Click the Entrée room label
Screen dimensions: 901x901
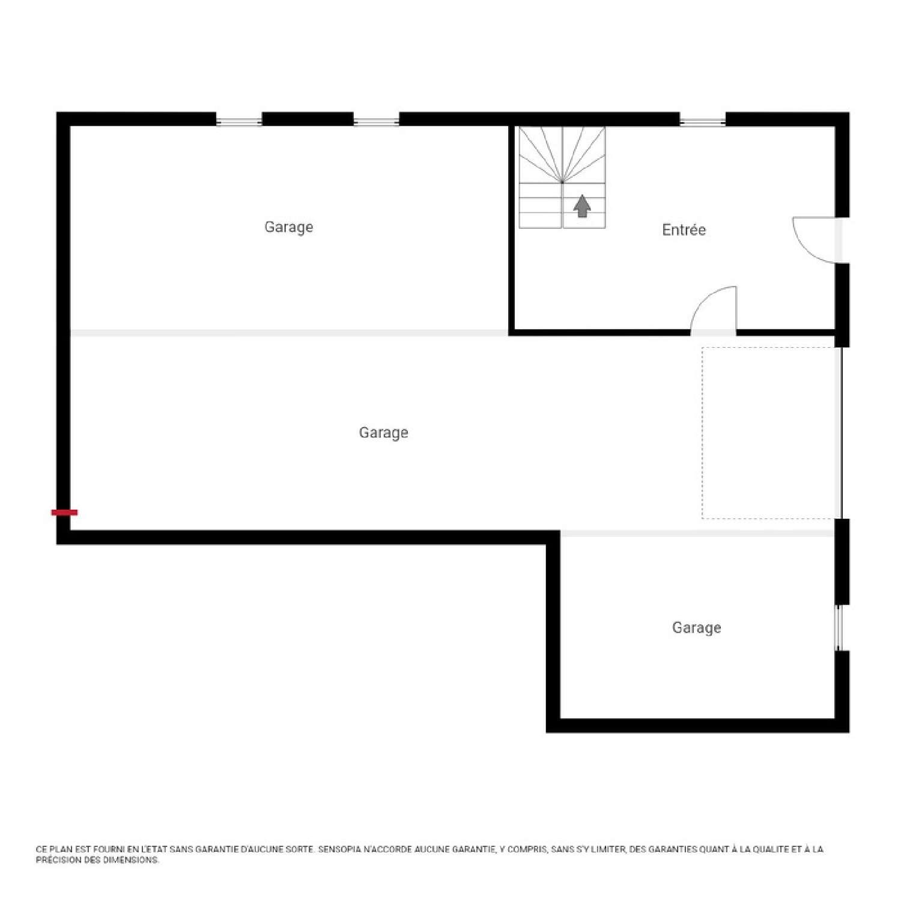(x=684, y=229)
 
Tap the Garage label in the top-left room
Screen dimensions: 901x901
(x=289, y=227)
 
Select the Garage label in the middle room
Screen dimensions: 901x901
(x=383, y=432)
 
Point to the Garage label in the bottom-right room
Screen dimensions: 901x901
(x=696, y=628)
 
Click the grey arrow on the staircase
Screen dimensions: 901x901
(x=582, y=205)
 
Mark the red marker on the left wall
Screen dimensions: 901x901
(x=64, y=512)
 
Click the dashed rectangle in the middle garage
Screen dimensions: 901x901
(x=769, y=432)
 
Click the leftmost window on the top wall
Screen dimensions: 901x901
(x=239, y=122)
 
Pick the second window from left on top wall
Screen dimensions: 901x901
(x=376, y=122)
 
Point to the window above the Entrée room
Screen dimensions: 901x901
(x=703, y=122)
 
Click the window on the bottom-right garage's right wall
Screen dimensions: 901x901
(x=839, y=628)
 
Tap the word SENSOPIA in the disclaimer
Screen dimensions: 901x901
(x=339, y=849)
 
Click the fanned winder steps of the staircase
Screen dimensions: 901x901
(x=562, y=155)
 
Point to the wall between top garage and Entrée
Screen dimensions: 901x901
(x=512, y=228)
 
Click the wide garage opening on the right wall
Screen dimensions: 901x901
(x=841, y=432)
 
